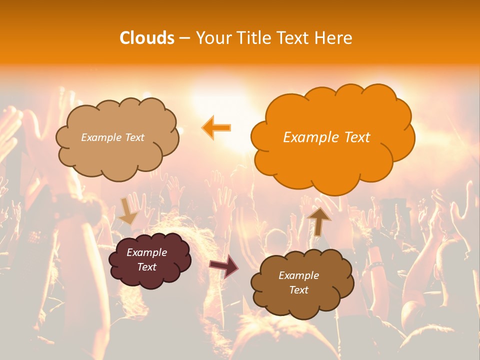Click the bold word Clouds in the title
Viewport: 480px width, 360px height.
146,38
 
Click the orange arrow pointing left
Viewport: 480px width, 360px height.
216,127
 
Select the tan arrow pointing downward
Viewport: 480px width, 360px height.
127,210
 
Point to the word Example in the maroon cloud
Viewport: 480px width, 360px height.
146,252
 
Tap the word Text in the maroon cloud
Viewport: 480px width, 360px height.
146,267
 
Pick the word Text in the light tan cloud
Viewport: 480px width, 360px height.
134,137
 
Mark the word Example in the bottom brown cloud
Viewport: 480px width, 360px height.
298,275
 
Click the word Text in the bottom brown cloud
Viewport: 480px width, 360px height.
298,290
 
